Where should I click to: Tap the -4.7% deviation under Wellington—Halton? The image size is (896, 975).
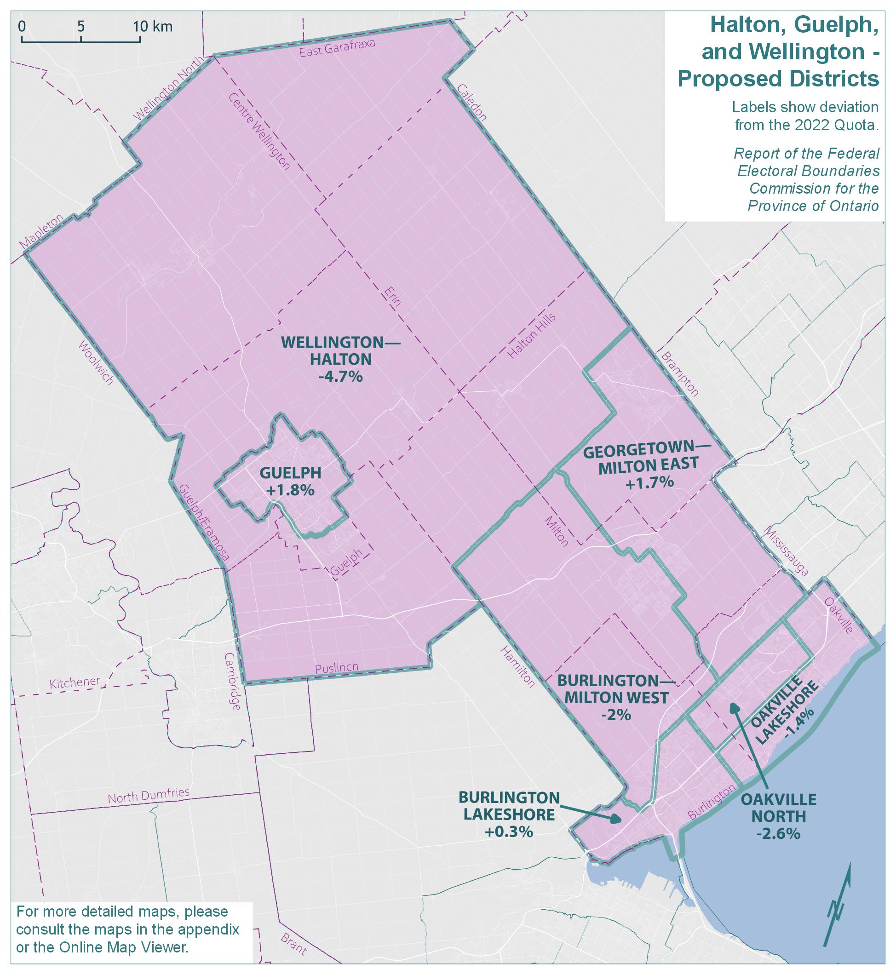click(x=341, y=376)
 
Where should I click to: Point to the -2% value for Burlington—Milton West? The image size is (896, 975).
click(x=619, y=715)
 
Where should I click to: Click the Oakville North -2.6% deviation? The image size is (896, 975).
click(x=778, y=833)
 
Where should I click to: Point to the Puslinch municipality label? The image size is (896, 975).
click(x=337, y=668)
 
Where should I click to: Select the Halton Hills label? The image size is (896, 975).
click(x=531, y=336)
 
